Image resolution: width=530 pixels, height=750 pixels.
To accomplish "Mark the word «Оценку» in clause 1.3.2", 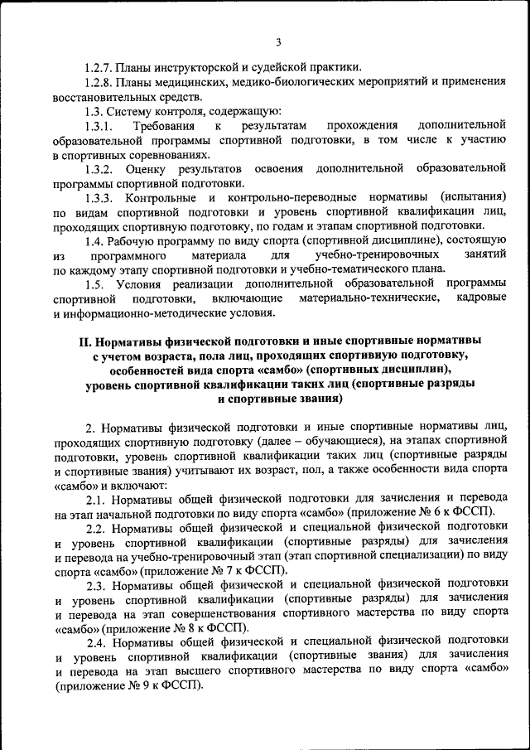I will tap(152, 169).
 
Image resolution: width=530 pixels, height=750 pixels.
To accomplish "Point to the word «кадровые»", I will tap(480, 298).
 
